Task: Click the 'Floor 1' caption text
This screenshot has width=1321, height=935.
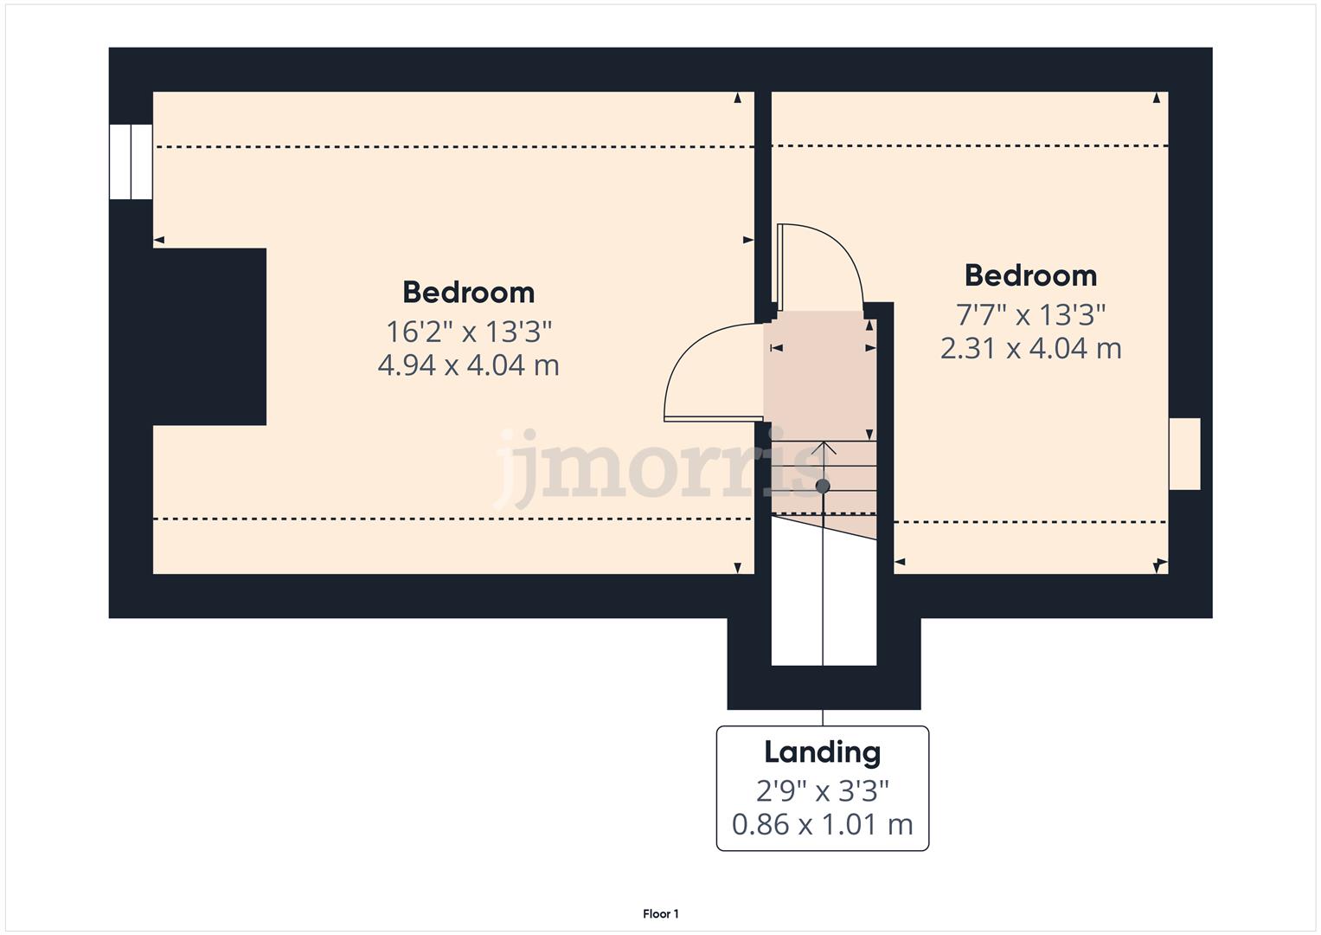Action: point(661,913)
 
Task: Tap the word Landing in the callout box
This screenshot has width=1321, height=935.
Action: point(822,751)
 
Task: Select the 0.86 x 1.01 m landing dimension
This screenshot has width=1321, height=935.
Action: point(822,824)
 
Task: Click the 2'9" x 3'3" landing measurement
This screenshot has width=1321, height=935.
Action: point(822,790)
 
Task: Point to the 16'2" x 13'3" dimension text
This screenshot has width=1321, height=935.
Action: point(468,331)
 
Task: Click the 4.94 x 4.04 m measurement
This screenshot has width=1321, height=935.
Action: point(468,364)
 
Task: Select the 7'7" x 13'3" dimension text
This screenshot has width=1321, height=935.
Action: point(1030,314)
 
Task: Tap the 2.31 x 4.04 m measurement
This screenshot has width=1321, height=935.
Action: point(1030,348)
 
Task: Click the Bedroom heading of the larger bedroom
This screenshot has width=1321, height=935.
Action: point(468,292)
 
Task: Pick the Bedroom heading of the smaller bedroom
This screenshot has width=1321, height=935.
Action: point(1030,275)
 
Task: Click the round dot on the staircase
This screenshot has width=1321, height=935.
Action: point(823,487)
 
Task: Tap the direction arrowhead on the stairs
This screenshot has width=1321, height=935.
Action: point(824,447)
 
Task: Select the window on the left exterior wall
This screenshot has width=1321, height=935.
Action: point(131,162)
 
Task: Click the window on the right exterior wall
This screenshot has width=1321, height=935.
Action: point(1184,454)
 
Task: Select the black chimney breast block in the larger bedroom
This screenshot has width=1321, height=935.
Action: point(208,337)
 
